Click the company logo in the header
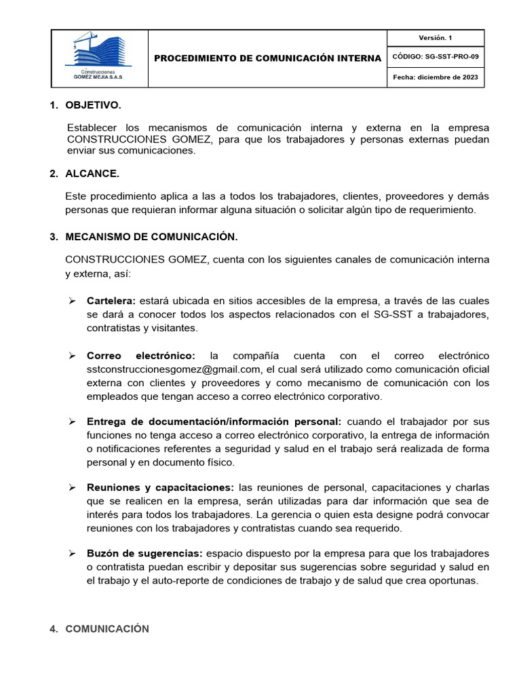click(x=99, y=57)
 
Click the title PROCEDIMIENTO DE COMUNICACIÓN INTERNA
click(x=268, y=58)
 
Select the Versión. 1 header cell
click(x=435, y=38)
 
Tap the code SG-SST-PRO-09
click(x=450, y=57)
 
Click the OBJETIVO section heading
click(x=93, y=105)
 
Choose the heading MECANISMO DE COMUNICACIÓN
click(x=151, y=237)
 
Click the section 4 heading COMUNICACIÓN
click(x=107, y=629)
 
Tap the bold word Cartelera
click(x=111, y=301)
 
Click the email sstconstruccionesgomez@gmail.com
click(x=174, y=369)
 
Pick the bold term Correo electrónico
click(x=141, y=356)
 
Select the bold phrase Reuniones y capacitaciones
click(x=160, y=488)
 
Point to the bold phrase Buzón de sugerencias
click(x=144, y=554)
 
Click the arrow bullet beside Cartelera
click(x=71, y=301)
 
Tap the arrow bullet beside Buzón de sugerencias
click(x=71, y=554)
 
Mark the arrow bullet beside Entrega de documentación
click(x=71, y=422)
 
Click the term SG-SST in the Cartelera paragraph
click(x=368, y=314)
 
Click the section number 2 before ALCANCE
click(x=53, y=173)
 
